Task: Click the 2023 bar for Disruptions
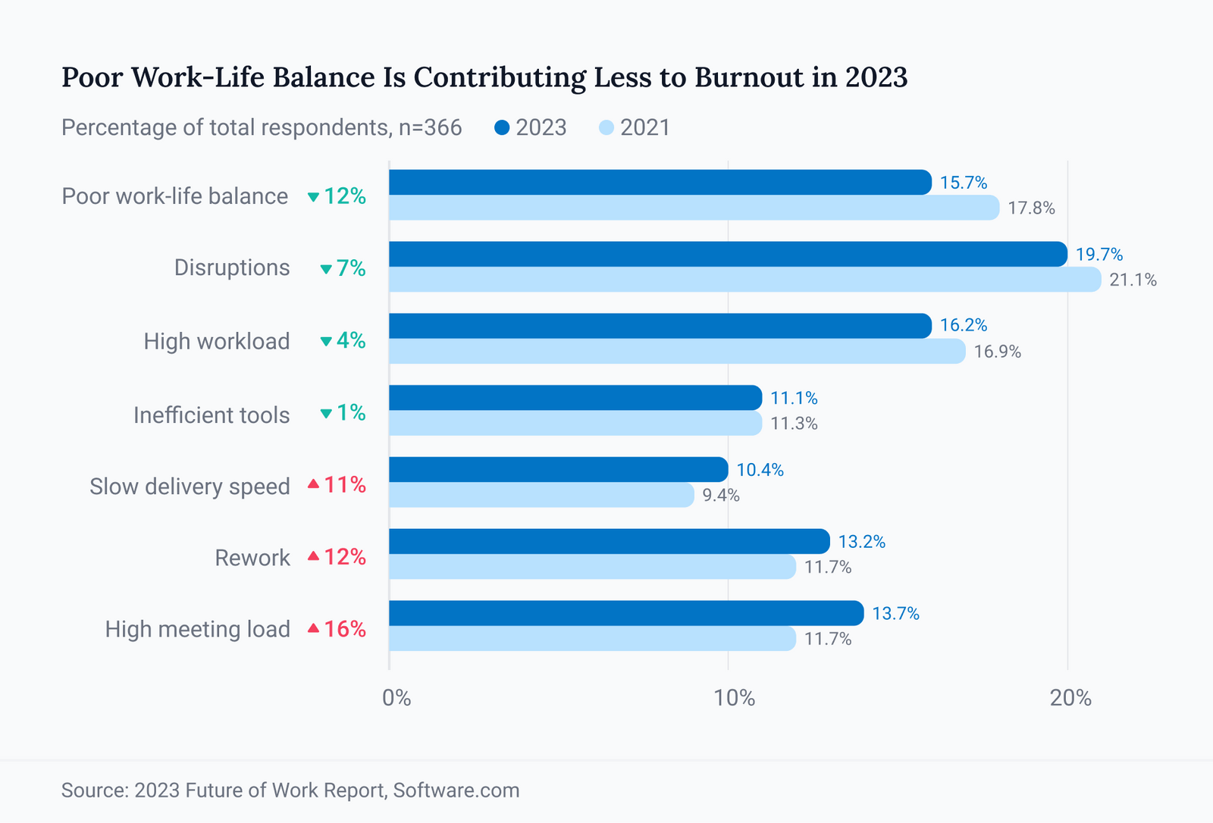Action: [728, 254]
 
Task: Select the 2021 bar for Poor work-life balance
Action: [694, 208]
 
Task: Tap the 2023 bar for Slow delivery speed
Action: [558, 470]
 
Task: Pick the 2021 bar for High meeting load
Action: [592, 638]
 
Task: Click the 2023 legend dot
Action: [502, 127]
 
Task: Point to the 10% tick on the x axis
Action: [734, 697]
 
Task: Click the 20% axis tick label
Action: [1070, 697]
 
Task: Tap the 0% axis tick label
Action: [396, 697]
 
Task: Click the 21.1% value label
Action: [1133, 280]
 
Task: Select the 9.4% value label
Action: [720, 496]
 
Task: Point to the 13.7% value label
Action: [895, 613]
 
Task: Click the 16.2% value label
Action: [963, 325]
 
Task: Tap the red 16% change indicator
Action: [337, 629]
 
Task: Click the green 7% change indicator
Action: [343, 268]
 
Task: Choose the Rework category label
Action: [252, 558]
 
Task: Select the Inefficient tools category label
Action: [212, 415]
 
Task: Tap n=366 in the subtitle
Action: [430, 127]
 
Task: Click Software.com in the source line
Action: [456, 790]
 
